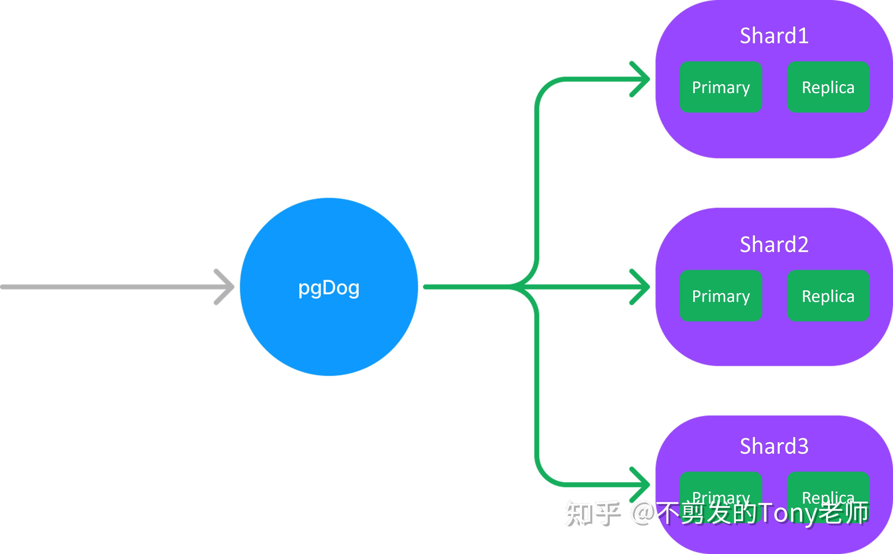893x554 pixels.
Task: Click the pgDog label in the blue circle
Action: click(329, 288)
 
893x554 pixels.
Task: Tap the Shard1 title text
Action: click(774, 36)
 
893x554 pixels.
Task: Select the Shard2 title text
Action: click(774, 244)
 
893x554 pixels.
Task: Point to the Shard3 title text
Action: click(774, 446)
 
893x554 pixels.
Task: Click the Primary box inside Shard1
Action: click(720, 87)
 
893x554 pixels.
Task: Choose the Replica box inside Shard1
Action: click(828, 87)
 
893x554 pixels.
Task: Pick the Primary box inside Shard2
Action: click(720, 296)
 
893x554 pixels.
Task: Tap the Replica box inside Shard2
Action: click(828, 296)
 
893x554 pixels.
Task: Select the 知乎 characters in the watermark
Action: click(592, 513)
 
